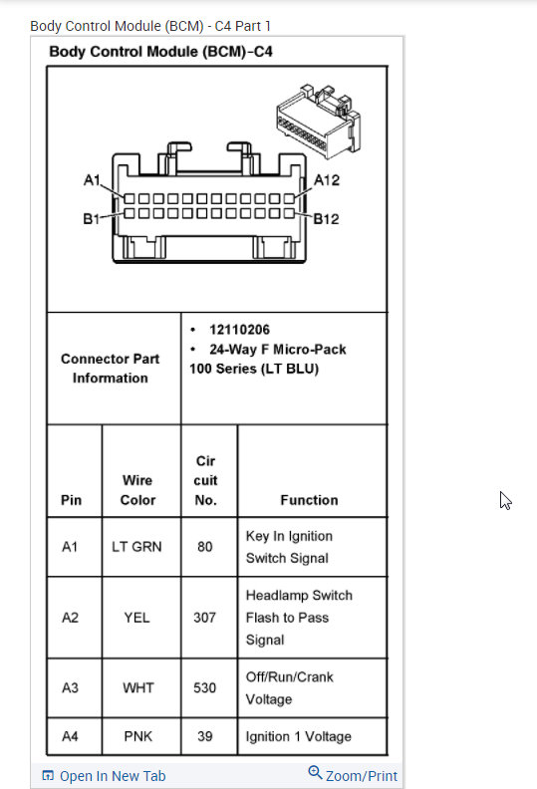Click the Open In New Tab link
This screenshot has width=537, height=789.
point(104,776)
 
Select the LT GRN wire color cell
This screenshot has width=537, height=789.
point(137,547)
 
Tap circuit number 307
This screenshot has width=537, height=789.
point(204,618)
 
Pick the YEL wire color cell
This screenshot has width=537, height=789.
point(137,618)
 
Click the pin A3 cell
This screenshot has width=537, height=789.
point(70,688)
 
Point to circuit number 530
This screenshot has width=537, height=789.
point(204,688)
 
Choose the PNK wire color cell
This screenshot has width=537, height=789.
point(137,737)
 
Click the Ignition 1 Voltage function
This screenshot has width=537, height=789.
point(298,737)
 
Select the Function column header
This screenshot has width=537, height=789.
point(309,500)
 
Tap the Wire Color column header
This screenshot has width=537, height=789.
point(137,490)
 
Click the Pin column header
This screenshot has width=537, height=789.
point(71,500)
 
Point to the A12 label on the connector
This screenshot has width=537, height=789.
point(327,180)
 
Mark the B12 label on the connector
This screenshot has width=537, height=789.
point(326,219)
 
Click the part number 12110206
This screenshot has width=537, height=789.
point(239,330)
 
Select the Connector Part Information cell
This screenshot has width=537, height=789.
point(110,369)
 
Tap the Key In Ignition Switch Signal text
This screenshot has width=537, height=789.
point(289,547)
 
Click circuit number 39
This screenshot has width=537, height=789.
point(204,737)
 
